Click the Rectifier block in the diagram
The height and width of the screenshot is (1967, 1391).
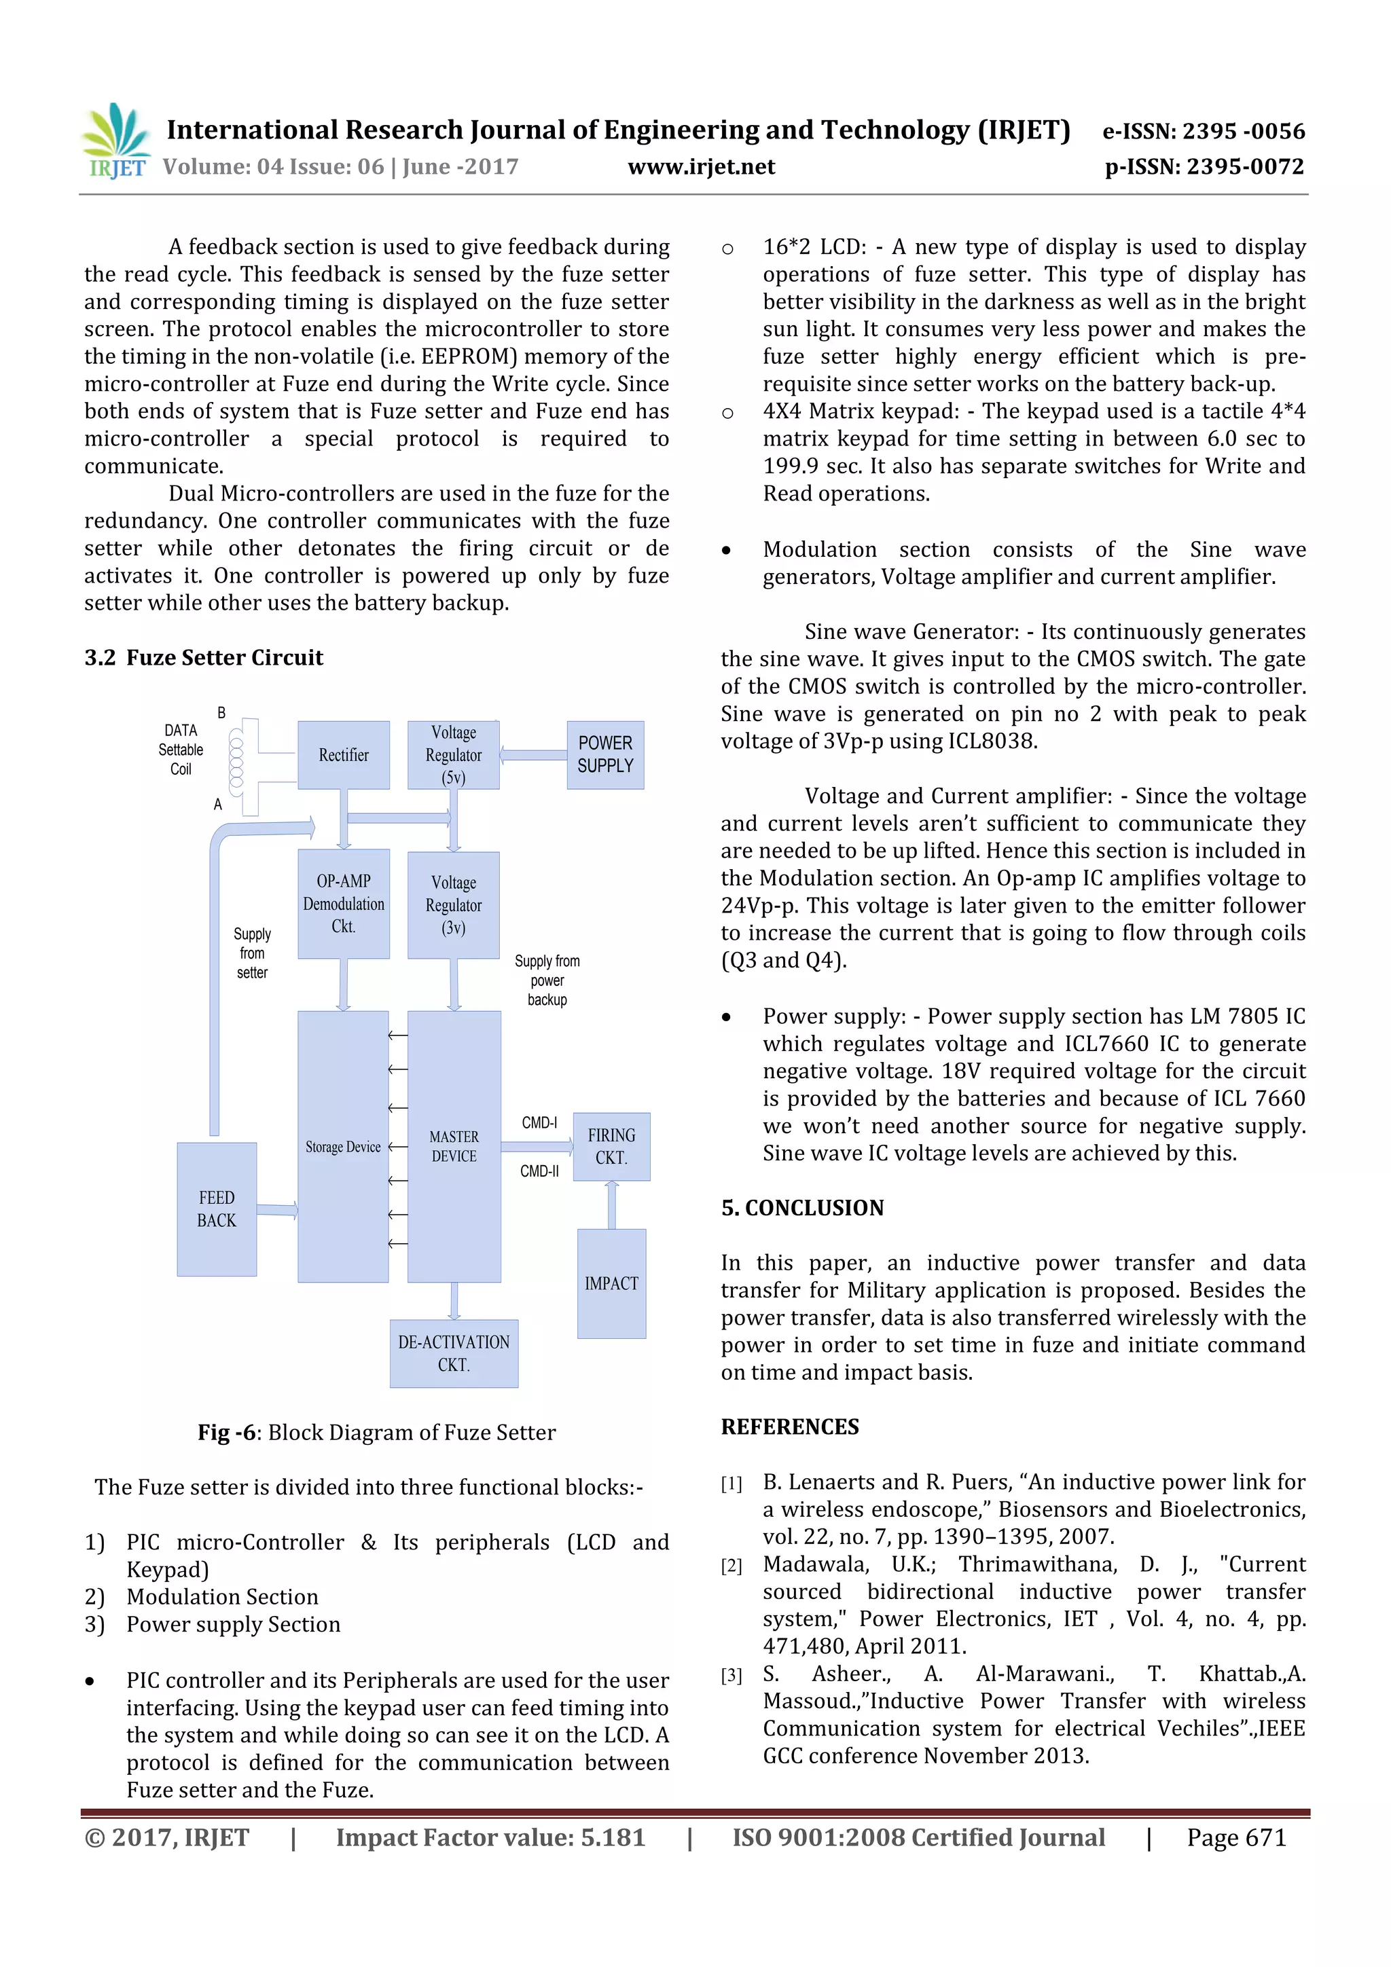tap(344, 755)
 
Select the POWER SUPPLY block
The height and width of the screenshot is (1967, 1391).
tap(605, 755)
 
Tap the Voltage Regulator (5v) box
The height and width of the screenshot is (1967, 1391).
tap(454, 755)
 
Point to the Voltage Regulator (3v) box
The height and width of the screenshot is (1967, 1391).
tap(454, 904)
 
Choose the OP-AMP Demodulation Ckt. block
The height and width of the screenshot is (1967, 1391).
tap(344, 904)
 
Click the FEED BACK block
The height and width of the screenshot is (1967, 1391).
tap(217, 1209)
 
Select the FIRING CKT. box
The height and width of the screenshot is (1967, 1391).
tap(611, 1146)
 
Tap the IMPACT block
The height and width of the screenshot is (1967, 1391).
tap(611, 1283)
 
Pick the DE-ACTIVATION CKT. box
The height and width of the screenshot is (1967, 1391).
tap(454, 1354)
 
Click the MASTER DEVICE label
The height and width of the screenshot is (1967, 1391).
tap(454, 1146)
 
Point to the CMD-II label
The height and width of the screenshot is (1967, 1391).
tap(539, 1171)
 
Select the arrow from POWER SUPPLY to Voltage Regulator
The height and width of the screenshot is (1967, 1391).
tap(533, 755)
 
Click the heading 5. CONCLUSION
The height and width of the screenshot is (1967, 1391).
tap(802, 1208)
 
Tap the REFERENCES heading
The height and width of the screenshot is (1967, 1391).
tap(789, 1427)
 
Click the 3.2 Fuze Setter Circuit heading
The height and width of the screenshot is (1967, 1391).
tap(204, 658)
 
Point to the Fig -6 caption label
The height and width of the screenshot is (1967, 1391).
tap(226, 1433)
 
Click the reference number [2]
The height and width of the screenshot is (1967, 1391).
tap(731, 1566)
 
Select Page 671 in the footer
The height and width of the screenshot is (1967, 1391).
tap(1236, 1837)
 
